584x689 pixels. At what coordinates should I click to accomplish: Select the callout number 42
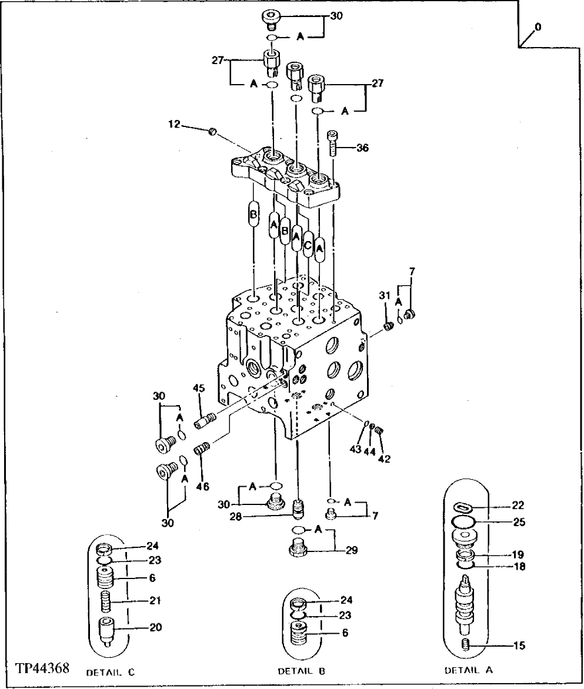point(385,459)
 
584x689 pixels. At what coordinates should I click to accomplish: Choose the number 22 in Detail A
point(518,505)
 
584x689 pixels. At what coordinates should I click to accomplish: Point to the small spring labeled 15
point(466,645)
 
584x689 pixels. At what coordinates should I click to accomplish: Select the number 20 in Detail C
point(155,627)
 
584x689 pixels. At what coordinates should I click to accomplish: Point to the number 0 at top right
point(539,27)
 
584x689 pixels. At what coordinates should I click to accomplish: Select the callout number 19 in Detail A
point(518,554)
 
